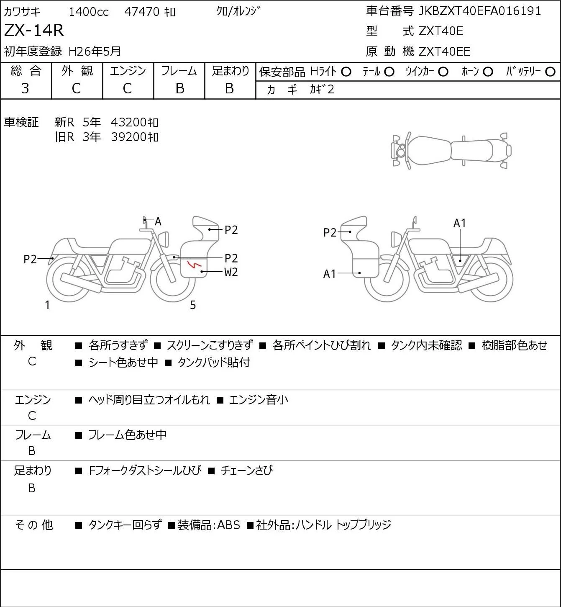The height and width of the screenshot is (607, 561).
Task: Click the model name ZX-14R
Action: tap(34, 30)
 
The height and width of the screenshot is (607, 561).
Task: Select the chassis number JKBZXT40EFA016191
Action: tap(479, 11)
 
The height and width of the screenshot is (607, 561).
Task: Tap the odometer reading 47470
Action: tap(142, 12)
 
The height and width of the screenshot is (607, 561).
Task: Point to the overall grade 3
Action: tap(25, 88)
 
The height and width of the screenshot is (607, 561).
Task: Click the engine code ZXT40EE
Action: tap(444, 51)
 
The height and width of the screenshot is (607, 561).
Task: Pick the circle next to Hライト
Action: tap(346, 72)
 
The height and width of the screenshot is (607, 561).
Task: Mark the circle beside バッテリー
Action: tap(550, 72)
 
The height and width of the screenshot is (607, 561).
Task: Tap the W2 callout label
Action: tap(231, 272)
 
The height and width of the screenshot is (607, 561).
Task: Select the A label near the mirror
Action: tap(158, 221)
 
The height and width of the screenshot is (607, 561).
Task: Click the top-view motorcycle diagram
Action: tap(452, 150)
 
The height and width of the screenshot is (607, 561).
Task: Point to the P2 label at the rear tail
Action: tap(30, 259)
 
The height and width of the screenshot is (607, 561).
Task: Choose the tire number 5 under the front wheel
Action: tap(193, 305)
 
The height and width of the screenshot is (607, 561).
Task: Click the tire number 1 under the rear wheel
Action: tap(47, 305)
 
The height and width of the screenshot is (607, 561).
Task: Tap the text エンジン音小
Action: tap(259, 400)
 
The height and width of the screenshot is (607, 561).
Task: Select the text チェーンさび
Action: tap(246, 471)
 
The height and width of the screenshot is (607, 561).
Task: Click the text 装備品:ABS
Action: tap(209, 525)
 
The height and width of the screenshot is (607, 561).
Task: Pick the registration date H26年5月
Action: tap(95, 51)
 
